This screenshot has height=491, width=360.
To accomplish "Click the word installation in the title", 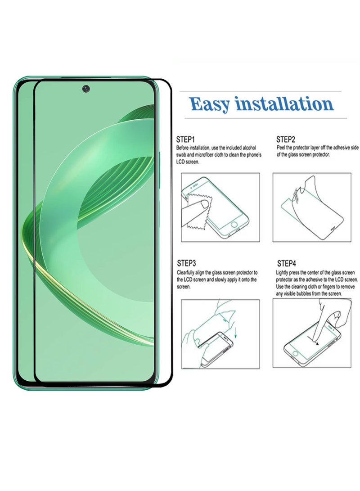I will [x=284, y=104].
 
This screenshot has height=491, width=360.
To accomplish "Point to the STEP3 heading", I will [x=186, y=263].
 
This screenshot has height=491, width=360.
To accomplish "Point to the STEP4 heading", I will [x=286, y=263].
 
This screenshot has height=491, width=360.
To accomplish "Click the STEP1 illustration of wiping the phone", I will [x=220, y=207].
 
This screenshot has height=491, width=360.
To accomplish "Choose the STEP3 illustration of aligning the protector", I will [x=220, y=333].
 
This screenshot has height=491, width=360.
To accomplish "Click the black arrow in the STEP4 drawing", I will [x=316, y=342].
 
